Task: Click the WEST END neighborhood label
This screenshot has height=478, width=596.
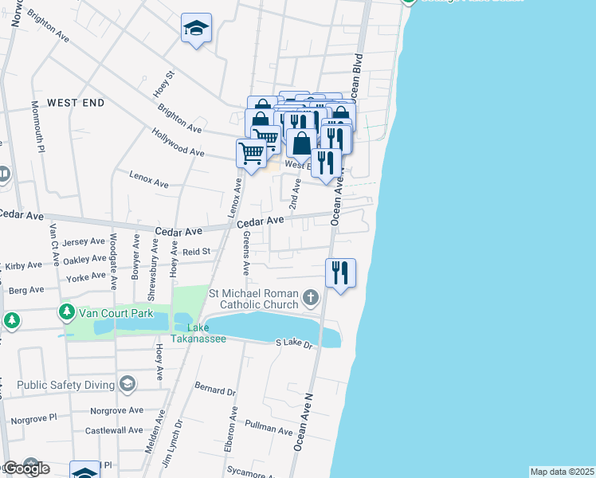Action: click(75, 103)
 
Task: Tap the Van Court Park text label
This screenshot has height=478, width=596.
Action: click(116, 313)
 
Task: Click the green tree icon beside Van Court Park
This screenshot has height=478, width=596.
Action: click(68, 312)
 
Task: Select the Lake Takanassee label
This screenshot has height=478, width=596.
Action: click(207, 333)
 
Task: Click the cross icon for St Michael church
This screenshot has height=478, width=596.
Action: click(311, 299)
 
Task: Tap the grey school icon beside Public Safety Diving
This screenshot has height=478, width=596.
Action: click(127, 385)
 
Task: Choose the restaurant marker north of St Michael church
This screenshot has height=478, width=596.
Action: click(341, 272)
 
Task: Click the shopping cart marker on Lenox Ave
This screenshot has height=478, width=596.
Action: click(252, 153)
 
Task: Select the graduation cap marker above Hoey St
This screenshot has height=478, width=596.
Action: click(195, 29)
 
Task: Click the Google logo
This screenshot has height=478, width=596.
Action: click(25, 468)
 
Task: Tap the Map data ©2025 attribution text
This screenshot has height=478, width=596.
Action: click(563, 472)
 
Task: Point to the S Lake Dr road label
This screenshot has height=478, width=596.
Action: click(296, 343)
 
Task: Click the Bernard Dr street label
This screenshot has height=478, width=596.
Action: click(216, 392)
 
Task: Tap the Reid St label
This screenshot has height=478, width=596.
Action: click(196, 252)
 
